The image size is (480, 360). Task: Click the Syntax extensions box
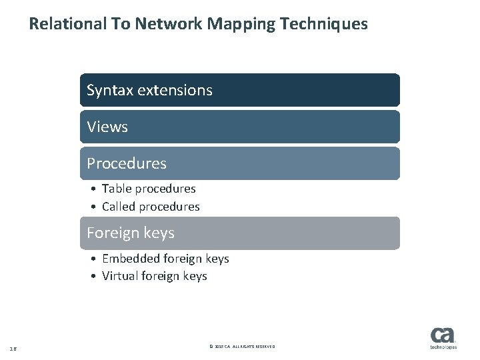pos(240,90)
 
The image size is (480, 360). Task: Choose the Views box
pos(240,127)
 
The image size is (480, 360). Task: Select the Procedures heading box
pos(240,163)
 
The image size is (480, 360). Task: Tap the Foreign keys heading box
pos(240,233)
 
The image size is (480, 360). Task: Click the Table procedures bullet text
pos(149,189)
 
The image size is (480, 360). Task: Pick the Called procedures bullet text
pos(151,207)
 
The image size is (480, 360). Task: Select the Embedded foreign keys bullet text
pos(165,259)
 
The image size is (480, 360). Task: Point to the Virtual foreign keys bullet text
pos(155,276)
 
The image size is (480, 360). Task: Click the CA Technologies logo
pos(443,337)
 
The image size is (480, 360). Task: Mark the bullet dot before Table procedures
pos(95,189)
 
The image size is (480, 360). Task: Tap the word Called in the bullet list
pos(117,207)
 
